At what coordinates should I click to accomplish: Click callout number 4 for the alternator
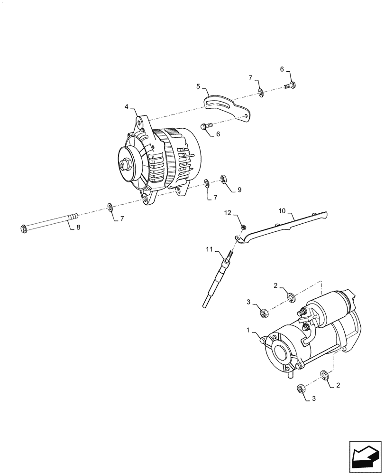click(x=127, y=107)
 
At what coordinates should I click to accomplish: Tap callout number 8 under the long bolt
click(x=78, y=228)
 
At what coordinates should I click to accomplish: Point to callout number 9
click(x=239, y=190)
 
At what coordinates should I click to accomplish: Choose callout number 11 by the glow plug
click(x=210, y=248)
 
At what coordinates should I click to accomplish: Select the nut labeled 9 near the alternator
click(x=223, y=179)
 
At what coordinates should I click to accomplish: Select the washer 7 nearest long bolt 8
click(x=110, y=207)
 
